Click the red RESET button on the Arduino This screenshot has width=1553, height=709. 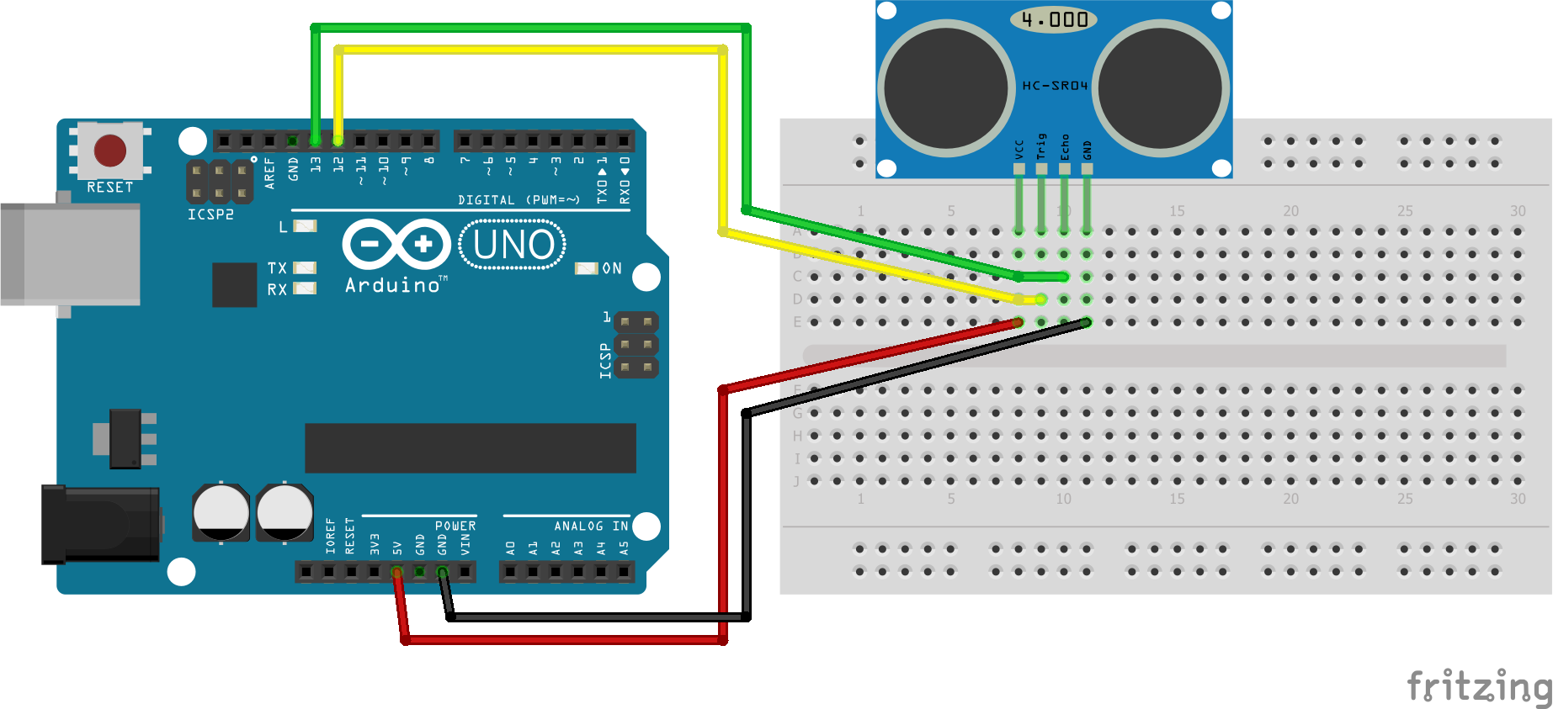110,151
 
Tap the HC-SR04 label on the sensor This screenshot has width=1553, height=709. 1055,86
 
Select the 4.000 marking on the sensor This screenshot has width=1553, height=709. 1054,19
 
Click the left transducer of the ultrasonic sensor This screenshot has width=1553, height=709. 946,88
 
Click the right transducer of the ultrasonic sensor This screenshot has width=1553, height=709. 1161,88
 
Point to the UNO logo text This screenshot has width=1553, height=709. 513,245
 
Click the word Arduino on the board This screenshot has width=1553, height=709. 392,286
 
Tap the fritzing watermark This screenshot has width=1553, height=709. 1478,686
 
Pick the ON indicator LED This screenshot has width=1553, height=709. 586,268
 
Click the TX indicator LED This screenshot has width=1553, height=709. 305,268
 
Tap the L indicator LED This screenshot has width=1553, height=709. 305,226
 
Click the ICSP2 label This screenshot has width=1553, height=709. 210,214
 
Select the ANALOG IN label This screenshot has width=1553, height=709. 591,526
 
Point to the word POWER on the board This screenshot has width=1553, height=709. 455,526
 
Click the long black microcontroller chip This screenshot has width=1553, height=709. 470,448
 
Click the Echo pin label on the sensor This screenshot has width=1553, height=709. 1065,147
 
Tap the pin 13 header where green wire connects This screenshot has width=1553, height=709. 316,140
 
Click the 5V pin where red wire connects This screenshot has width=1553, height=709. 397,572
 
